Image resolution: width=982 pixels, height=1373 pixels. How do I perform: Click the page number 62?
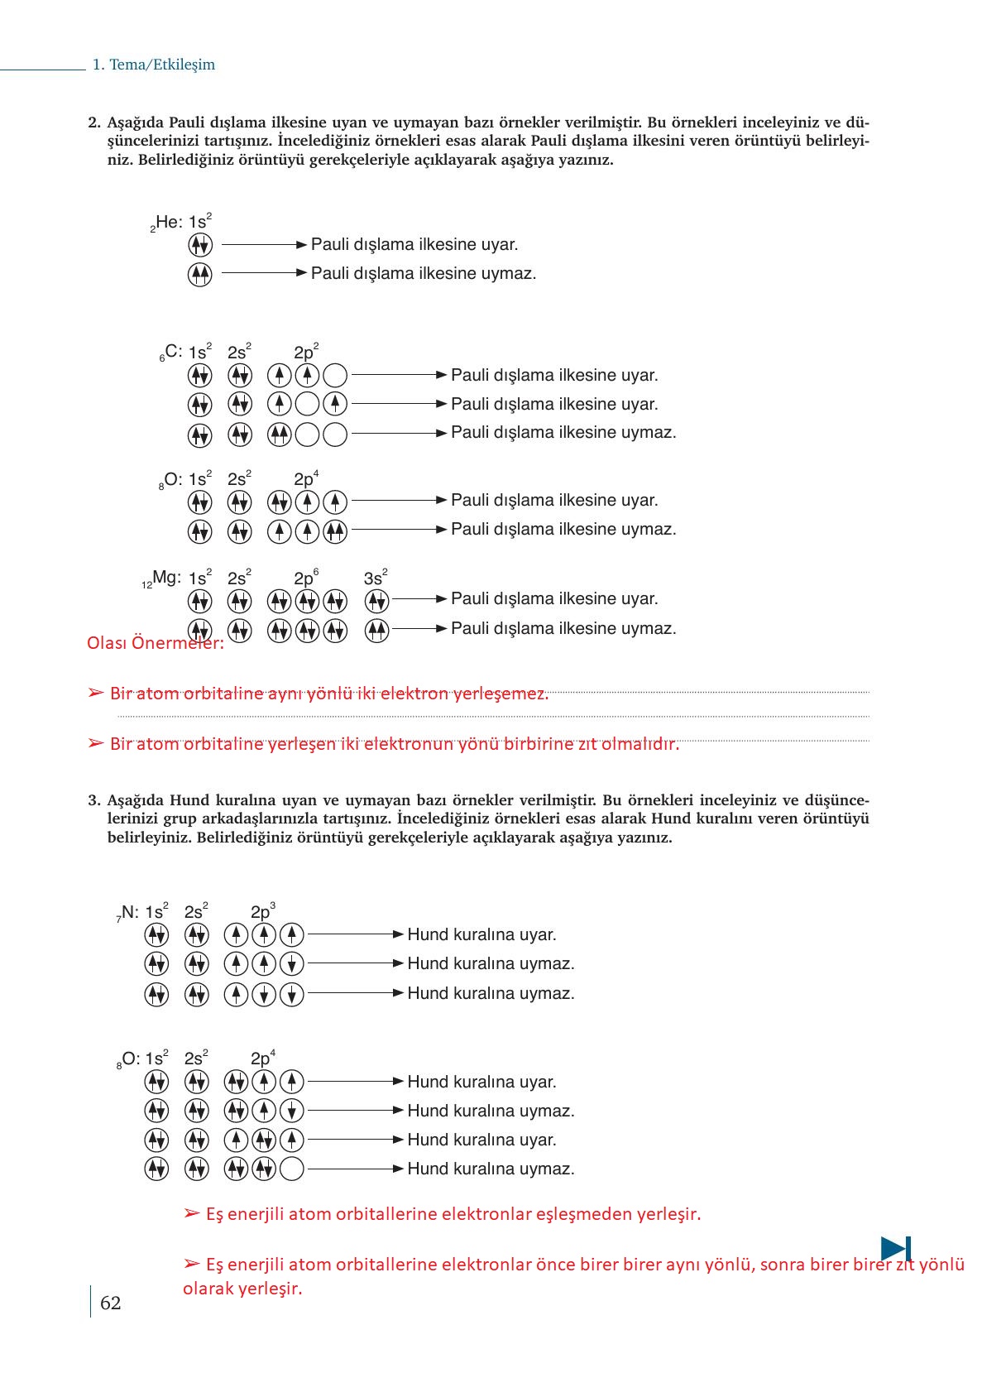coord(110,1303)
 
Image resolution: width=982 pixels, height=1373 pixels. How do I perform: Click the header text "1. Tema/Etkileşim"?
coord(154,65)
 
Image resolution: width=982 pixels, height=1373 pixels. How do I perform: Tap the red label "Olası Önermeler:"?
coord(155,643)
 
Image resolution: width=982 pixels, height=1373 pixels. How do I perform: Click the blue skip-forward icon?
coord(895,1248)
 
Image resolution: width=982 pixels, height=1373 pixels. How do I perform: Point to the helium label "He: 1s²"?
coord(182,222)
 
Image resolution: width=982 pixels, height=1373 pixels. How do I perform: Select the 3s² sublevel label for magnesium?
coord(375,578)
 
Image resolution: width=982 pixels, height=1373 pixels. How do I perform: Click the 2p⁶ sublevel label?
coord(305,578)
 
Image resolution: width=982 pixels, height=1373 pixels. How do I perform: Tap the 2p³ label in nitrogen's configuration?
coord(262,911)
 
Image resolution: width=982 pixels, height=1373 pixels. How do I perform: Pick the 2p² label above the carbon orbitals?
coord(305,352)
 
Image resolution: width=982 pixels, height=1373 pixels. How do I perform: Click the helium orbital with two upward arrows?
coord(200,274)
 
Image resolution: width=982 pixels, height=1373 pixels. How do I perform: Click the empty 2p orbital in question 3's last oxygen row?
coord(292,1169)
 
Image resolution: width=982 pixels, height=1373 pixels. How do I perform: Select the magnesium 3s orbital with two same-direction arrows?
coord(377,631)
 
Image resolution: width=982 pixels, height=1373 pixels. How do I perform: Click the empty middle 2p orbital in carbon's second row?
coord(307,404)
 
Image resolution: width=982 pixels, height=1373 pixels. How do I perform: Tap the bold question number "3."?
coord(94,800)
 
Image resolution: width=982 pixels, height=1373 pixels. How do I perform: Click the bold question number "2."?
coord(94,122)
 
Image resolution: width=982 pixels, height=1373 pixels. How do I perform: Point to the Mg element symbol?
coord(166,578)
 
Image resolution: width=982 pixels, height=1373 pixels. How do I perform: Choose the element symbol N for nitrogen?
coord(130,912)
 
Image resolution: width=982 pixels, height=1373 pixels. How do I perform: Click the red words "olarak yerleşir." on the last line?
coord(242,1289)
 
